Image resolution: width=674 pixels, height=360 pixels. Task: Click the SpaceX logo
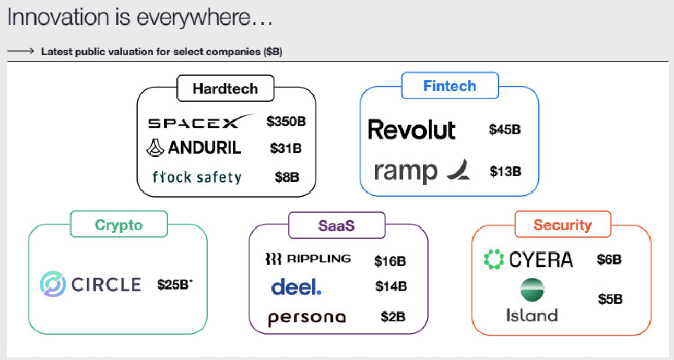[201, 122]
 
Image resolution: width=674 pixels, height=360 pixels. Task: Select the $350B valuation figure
[286, 122]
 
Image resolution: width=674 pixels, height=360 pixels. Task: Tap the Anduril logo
[194, 148]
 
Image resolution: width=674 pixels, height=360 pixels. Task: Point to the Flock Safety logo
[197, 177]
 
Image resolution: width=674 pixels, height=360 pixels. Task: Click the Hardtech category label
[225, 89]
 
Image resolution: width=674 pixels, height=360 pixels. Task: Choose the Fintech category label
[450, 86]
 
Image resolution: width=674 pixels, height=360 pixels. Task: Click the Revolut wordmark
[411, 129]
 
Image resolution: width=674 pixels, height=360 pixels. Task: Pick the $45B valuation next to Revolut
[505, 129]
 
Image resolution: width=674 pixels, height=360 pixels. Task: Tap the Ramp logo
[422, 172]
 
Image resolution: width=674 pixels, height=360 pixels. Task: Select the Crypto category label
[119, 225]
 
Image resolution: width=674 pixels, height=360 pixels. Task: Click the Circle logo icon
[53, 284]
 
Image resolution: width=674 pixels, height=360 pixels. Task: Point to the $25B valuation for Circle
[174, 284]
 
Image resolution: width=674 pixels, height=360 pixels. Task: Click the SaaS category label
[337, 225]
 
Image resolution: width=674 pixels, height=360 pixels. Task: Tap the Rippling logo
[308, 259]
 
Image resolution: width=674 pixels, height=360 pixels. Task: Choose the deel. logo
[296, 286]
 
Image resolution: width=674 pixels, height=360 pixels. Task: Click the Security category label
[562, 225]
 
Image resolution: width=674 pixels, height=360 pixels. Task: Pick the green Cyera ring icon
[493, 259]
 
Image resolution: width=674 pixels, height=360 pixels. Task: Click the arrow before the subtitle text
[21, 51]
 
